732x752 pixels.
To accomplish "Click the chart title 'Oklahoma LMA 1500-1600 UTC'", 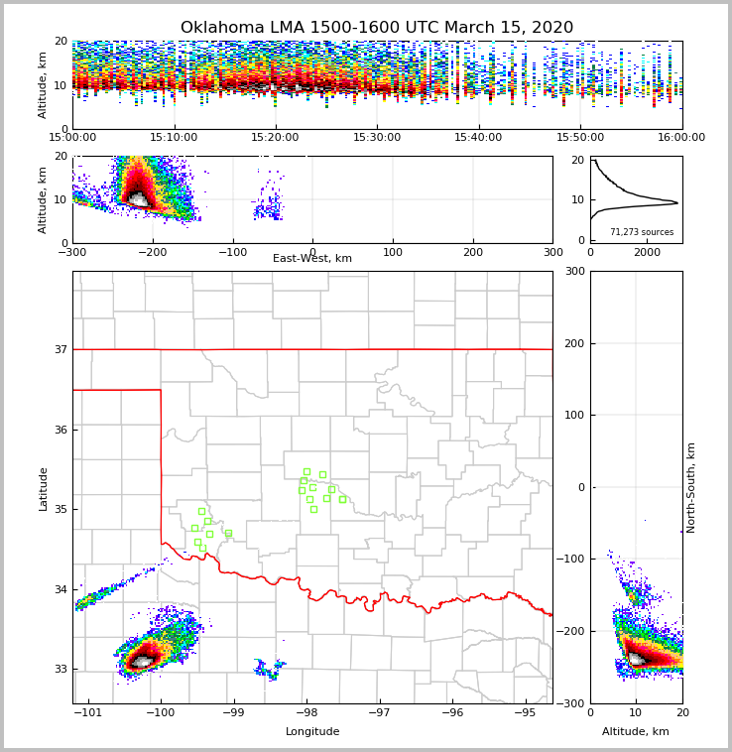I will click(377, 28).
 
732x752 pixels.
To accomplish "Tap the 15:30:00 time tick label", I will click(377, 138).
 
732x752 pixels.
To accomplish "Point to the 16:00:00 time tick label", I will click(681, 138).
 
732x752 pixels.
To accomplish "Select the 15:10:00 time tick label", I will click(174, 138).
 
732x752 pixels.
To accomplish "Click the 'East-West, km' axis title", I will click(312, 259).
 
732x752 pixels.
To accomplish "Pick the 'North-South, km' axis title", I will click(691, 487).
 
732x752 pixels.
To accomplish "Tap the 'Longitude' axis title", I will click(312, 732).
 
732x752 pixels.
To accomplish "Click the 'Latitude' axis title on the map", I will click(43, 488).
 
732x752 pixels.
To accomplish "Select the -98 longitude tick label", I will click(306, 712).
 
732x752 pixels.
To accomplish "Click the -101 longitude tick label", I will click(88, 712).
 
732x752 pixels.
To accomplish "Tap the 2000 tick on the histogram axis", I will click(647, 253).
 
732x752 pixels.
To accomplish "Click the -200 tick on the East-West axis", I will click(152, 253).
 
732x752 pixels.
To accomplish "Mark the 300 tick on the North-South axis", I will click(572, 272).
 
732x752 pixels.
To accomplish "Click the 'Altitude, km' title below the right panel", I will click(636, 732).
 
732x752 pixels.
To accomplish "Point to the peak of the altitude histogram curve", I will click(677, 203).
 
